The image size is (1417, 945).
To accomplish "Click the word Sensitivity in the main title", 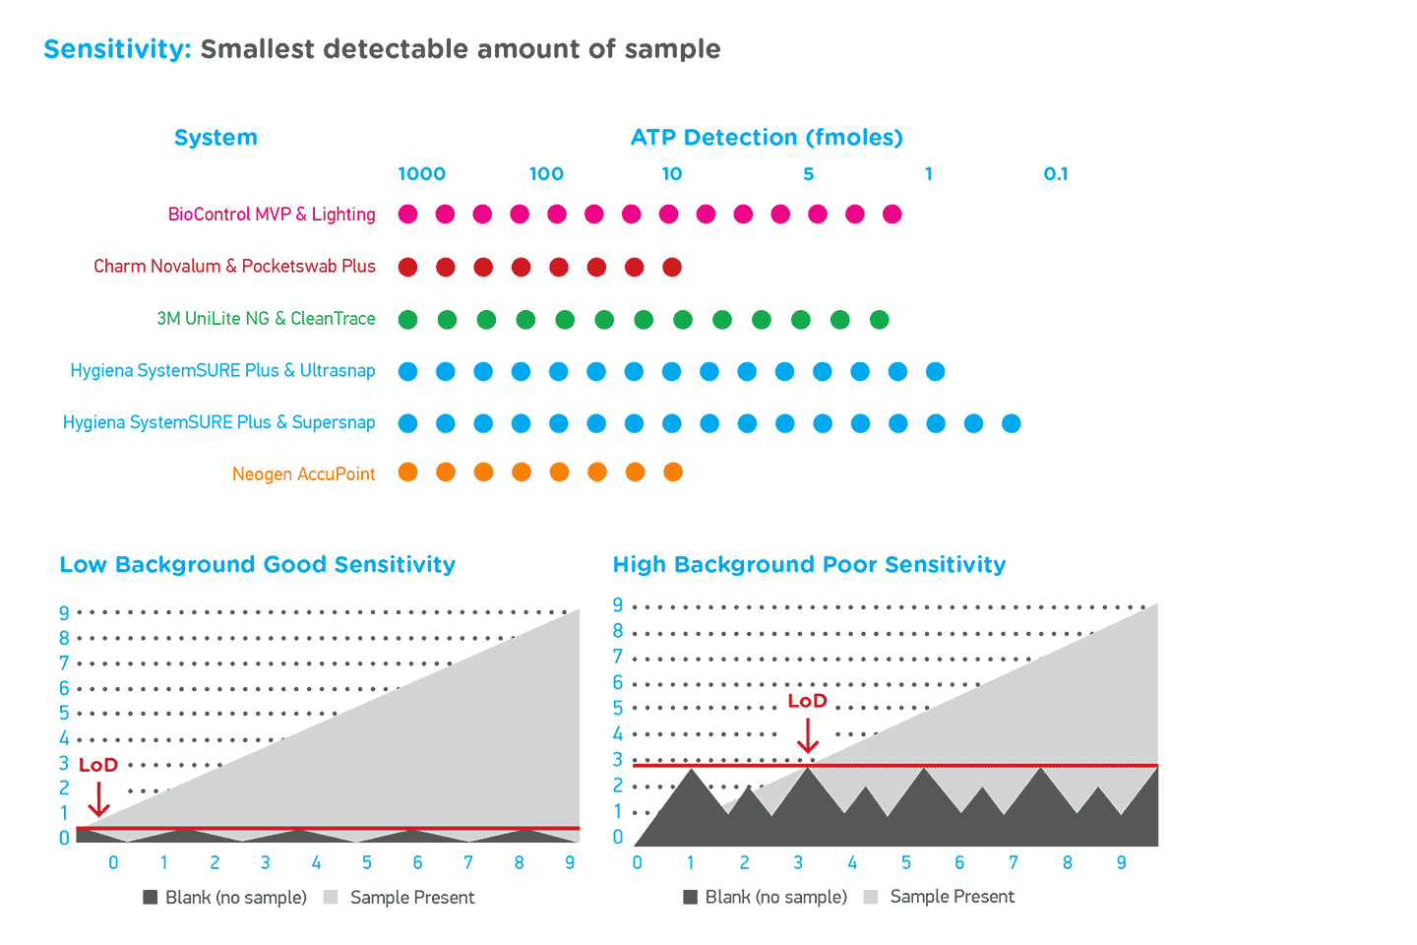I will (x=117, y=49).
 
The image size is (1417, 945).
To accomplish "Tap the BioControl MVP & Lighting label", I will (x=272, y=215).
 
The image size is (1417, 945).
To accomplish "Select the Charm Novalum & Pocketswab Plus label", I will (x=234, y=267).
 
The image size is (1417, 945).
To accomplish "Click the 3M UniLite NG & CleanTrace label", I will (x=266, y=319).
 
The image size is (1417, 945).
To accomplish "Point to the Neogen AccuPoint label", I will (x=303, y=474).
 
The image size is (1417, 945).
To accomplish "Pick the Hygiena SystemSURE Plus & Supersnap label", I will (x=218, y=423).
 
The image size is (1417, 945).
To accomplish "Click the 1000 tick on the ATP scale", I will (x=421, y=174).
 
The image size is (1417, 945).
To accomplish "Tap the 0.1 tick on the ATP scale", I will (x=1056, y=174).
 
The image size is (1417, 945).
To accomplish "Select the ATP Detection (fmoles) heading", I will (x=767, y=138).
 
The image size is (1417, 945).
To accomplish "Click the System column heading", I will (x=216, y=138).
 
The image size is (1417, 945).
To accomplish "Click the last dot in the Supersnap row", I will (x=1011, y=423).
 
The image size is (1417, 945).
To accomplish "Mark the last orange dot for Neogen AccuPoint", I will (x=673, y=472).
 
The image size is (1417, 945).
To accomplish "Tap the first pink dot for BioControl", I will (x=408, y=215).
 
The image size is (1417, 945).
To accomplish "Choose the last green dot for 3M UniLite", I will (x=880, y=319).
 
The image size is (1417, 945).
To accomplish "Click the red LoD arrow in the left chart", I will (x=98, y=799).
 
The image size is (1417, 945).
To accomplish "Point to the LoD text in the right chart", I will (x=807, y=701).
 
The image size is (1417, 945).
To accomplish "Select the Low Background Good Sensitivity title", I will (x=258, y=565).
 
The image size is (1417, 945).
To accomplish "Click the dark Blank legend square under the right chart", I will (x=691, y=897).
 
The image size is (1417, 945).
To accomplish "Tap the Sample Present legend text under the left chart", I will (x=412, y=898).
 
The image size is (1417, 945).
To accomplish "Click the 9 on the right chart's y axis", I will (x=618, y=604).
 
